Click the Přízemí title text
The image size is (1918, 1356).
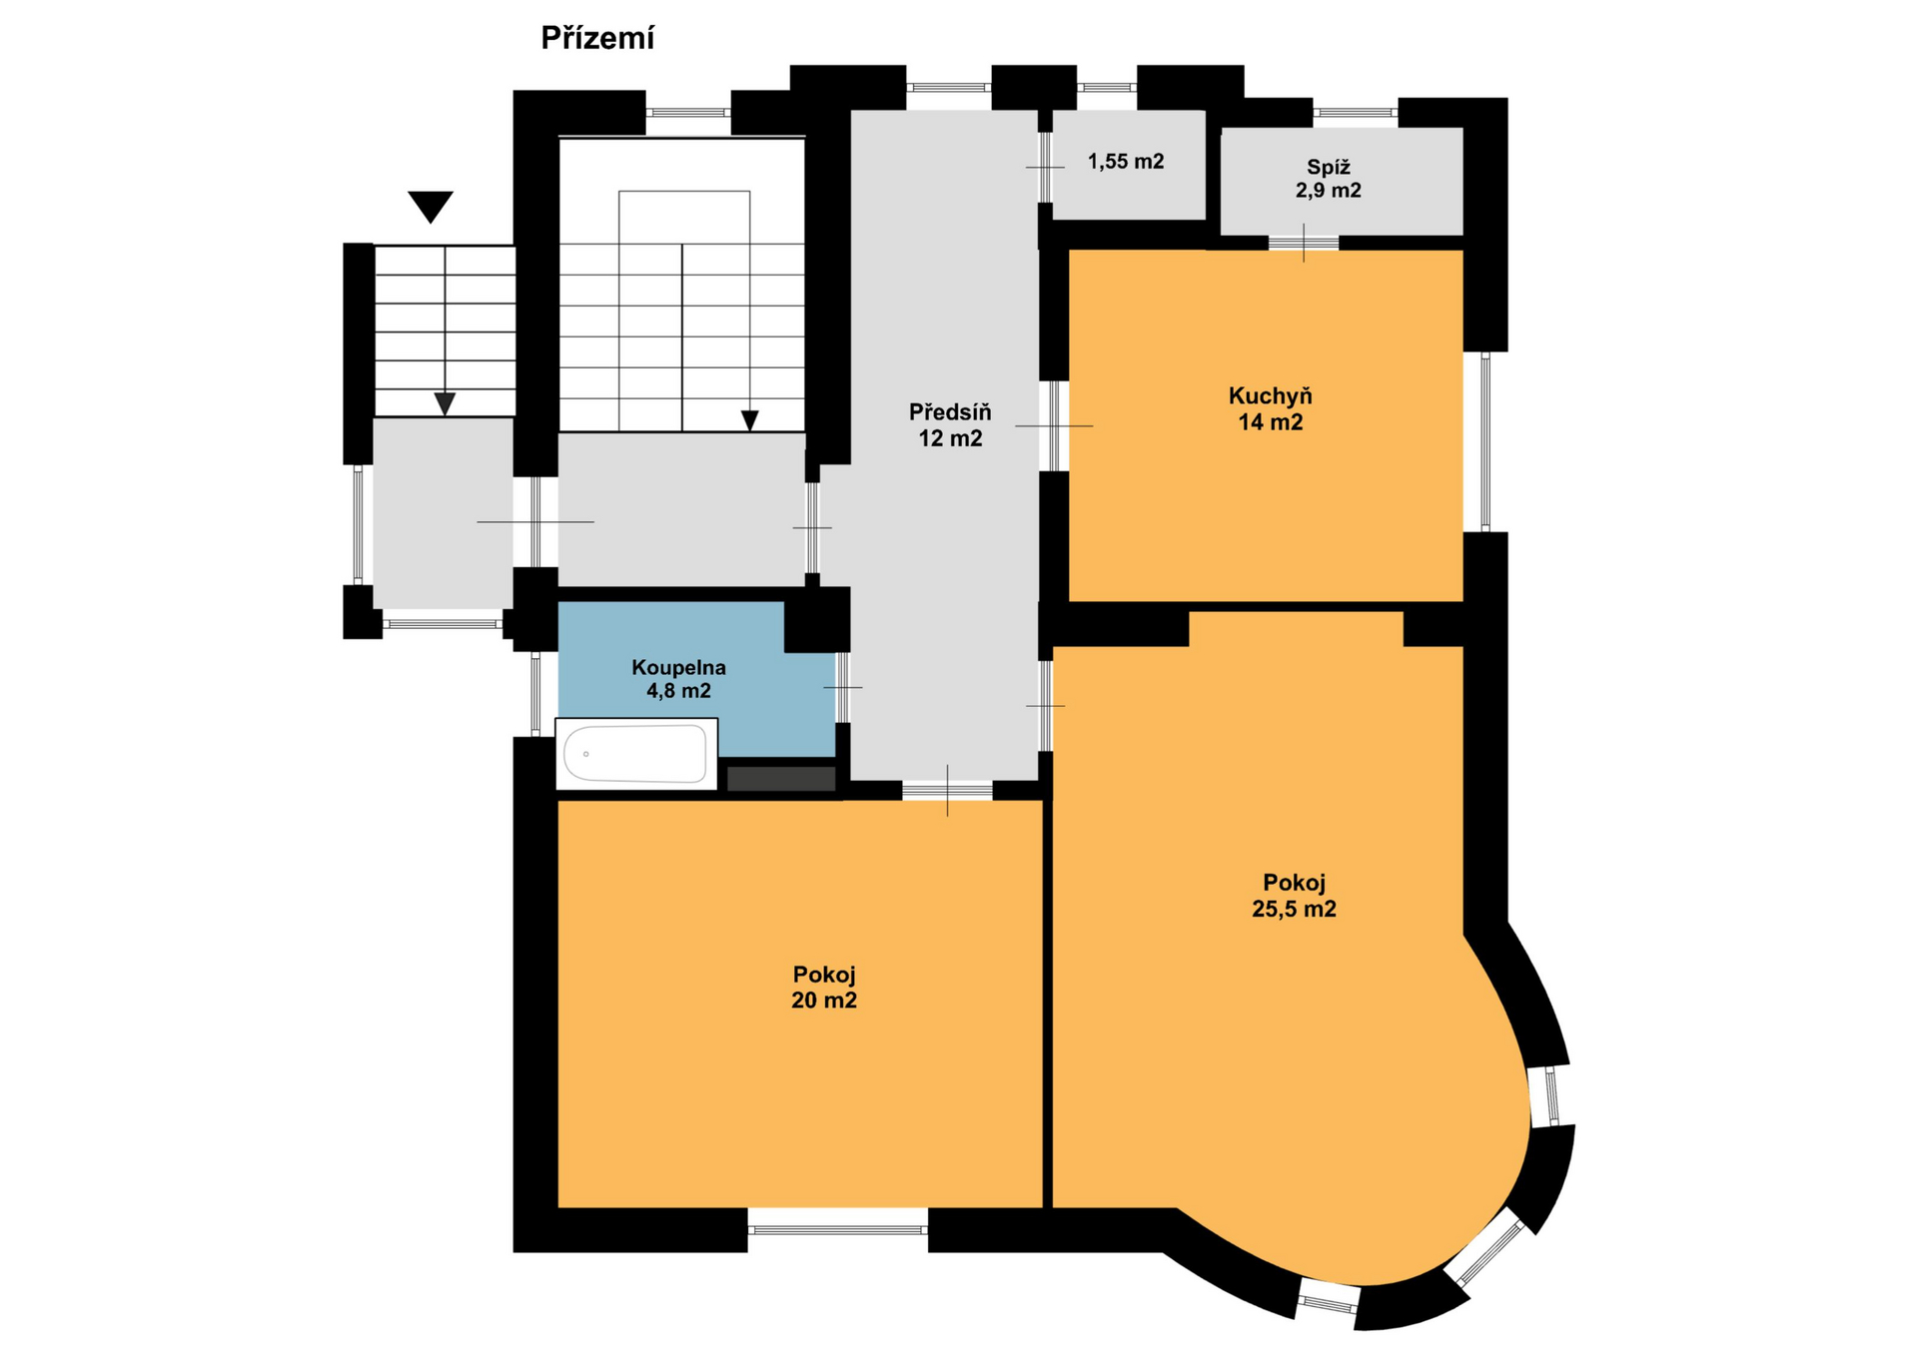tap(597, 39)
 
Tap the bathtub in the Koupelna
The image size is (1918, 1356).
tap(636, 754)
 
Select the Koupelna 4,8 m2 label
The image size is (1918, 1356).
tap(678, 679)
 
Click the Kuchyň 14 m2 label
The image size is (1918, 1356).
tap(1270, 409)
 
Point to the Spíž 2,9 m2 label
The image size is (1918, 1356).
tap(1328, 179)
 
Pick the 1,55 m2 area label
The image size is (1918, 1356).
tap(1126, 162)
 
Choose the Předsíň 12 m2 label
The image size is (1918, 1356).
tap(950, 425)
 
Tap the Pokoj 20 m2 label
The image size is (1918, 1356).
tap(824, 988)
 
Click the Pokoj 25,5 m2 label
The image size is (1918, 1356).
tap(1294, 896)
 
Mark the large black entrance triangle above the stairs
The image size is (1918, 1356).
tap(431, 206)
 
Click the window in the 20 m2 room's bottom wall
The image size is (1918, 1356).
tap(837, 1230)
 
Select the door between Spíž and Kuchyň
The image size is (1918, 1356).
tap(1304, 243)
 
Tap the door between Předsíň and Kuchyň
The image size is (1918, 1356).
tap(1054, 425)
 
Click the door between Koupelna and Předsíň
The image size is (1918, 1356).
tap(843, 687)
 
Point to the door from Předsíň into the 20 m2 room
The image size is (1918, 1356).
tap(947, 791)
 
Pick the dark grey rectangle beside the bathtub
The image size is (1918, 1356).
tap(781, 779)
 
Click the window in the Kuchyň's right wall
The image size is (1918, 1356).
tap(1485, 441)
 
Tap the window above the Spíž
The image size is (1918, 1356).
tap(1355, 112)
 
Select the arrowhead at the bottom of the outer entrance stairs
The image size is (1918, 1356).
tap(445, 403)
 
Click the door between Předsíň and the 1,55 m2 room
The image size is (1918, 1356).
tap(1045, 168)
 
